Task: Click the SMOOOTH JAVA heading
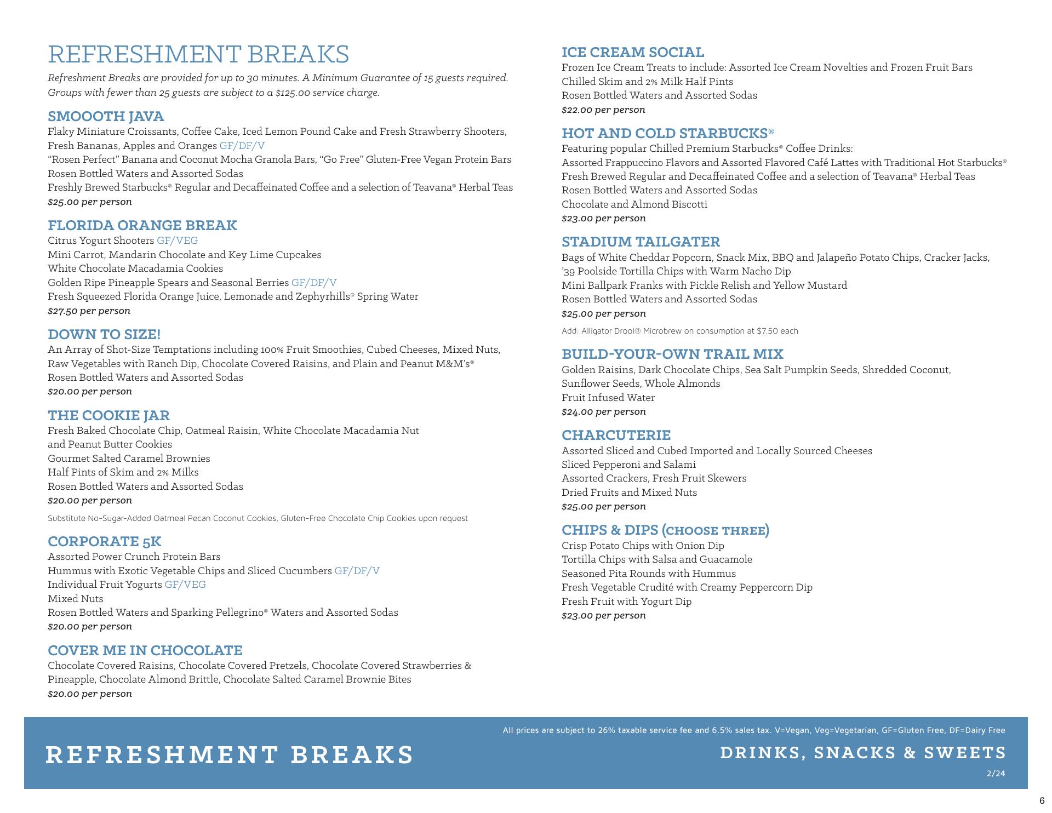click(106, 116)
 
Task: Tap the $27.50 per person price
click(89, 311)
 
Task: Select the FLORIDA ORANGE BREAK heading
click(142, 225)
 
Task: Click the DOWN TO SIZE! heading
click(104, 334)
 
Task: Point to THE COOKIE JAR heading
click(108, 415)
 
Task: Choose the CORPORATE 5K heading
click(104, 541)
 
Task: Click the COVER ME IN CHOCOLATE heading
click(145, 650)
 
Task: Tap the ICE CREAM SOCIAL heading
click(632, 52)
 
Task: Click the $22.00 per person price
click(603, 110)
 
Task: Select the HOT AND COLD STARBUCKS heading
click(667, 133)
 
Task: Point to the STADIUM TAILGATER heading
click(641, 242)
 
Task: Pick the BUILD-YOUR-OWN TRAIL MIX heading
click(672, 354)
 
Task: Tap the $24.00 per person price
click(603, 411)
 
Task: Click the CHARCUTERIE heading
click(616, 435)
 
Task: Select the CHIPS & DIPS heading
click(665, 530)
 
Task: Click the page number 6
click(1042, 800)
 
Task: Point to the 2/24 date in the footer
click(996, 774)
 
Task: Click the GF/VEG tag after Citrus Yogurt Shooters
click(177, 241)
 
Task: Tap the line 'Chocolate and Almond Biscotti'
click(634, 204)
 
